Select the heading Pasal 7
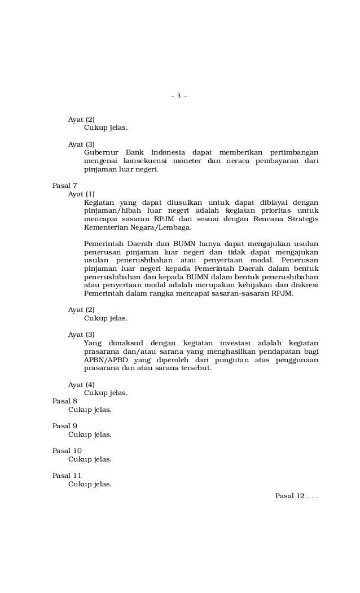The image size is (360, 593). coord(64,185)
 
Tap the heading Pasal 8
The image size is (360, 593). coord(64,401)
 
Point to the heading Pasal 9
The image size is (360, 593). coord(64,426)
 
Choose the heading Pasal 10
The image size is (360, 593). coord(67,451)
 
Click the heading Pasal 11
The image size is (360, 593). coord(67,476)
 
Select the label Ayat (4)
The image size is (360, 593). coord(81,384)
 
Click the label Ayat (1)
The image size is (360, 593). coord(81,194)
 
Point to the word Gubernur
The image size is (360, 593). coord(102,152)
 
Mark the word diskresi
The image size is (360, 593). coord(302,285)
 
